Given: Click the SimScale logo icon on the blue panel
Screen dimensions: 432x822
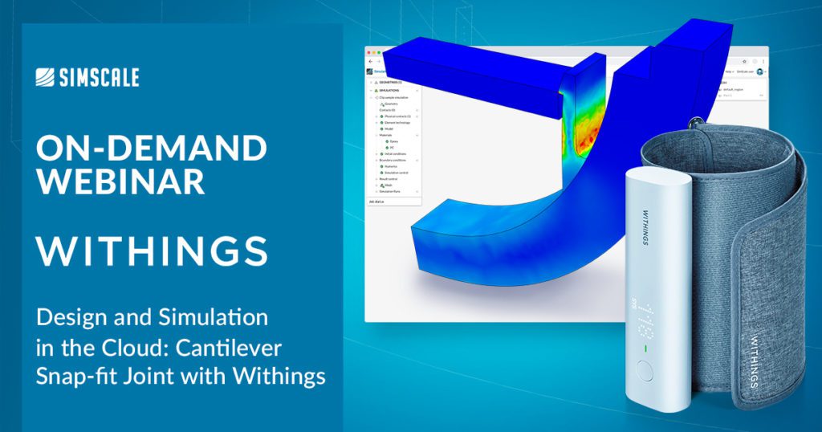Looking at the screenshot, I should point(46,77).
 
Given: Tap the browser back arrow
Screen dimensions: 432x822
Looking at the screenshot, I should point(369,62).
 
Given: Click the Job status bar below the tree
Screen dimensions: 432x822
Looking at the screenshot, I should point(377,202).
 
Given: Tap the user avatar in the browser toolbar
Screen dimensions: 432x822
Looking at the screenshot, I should point(760,72).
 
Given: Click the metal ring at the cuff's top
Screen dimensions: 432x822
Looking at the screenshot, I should point(692,122).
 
